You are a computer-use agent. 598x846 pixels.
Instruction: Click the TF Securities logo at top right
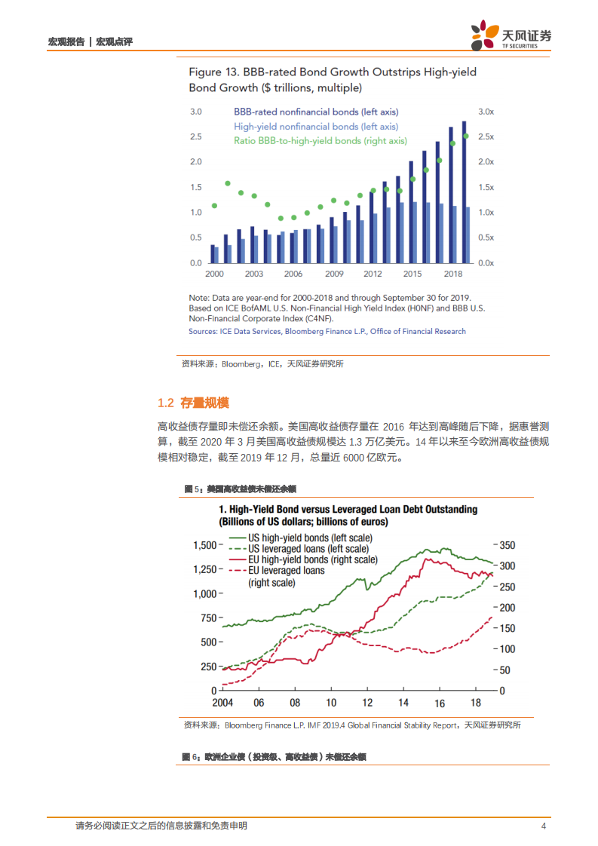[511, 35]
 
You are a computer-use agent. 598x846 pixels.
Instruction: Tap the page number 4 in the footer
[543, 826]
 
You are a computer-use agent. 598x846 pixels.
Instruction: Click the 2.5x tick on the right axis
[486, 136]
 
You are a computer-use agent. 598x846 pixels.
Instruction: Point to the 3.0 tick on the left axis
[195, 112]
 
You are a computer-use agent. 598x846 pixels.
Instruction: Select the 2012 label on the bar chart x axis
[373, 274]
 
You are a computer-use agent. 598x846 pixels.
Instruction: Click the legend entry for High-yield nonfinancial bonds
[316, 127]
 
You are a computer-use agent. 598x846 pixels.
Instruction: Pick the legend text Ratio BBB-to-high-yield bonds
[320, 141]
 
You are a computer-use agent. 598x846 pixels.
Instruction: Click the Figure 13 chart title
[332, 79]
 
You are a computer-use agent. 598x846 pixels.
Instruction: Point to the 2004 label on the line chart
[222, 702]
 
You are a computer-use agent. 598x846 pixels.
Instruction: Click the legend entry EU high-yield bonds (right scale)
[312, 559]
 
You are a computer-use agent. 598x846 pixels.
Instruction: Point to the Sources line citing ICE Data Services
[327, 331]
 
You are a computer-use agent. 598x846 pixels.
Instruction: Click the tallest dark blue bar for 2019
[464, 192]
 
